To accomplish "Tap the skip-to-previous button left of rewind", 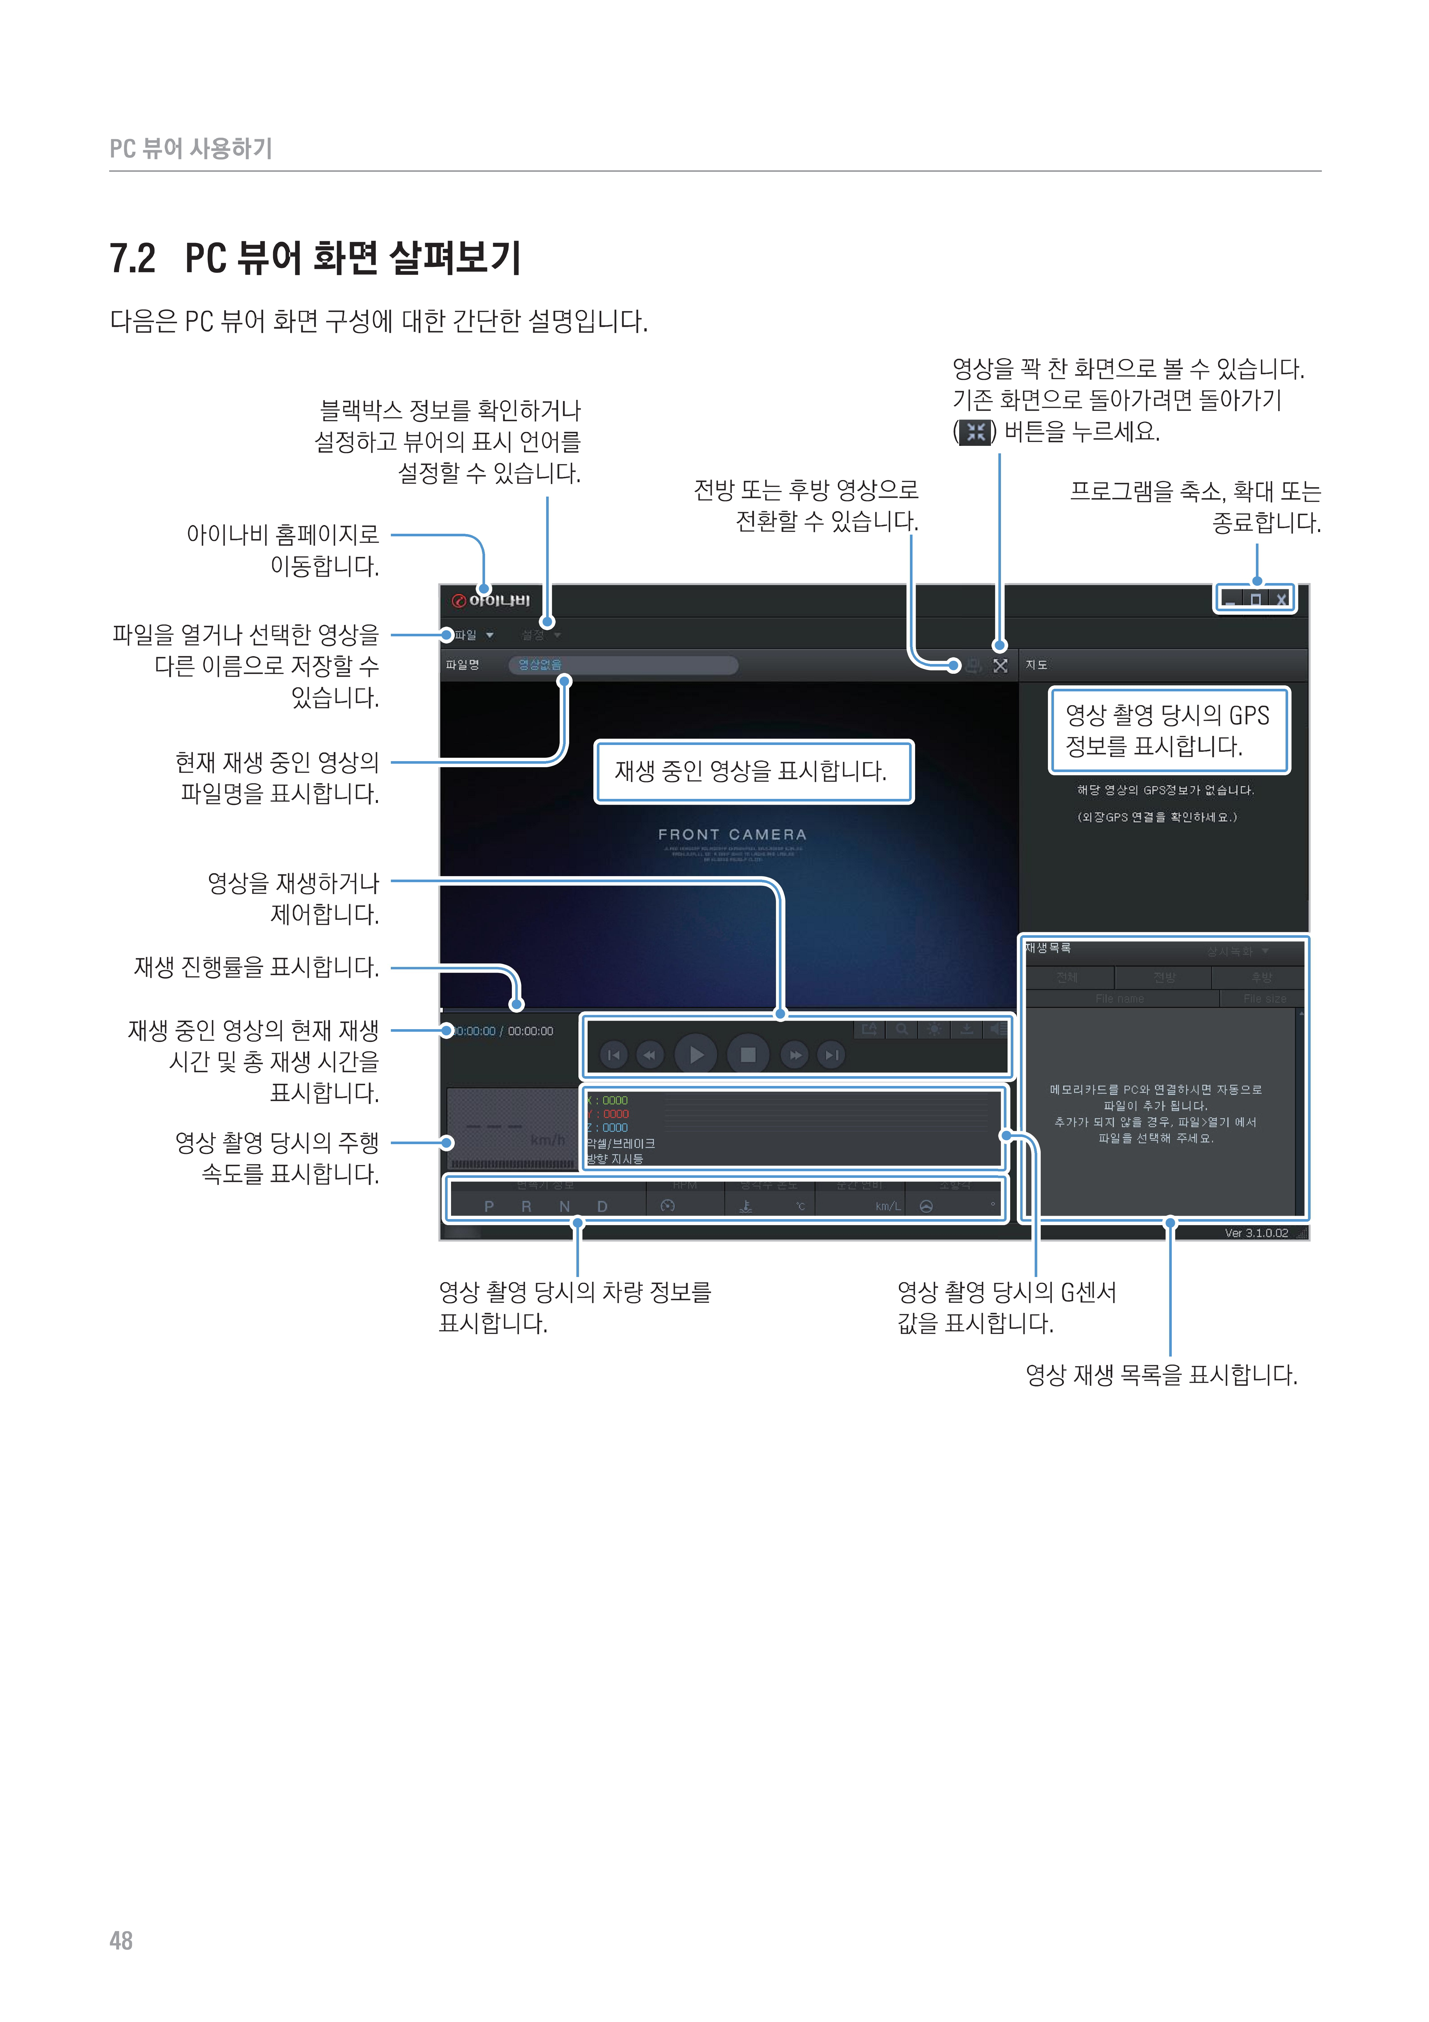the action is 614,1055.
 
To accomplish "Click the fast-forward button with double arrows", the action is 794,1055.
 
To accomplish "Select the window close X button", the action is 1282,600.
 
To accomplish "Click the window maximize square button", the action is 1256,600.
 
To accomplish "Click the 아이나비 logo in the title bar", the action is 491,601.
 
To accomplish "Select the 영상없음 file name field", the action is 622,665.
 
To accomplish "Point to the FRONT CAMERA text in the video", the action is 732,834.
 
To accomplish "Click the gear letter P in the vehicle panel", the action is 489,1206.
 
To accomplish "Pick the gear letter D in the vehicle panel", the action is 602,1206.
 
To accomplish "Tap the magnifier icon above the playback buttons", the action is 902,1029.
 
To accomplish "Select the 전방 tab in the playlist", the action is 1164,978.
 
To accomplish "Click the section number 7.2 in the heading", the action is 132,259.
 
